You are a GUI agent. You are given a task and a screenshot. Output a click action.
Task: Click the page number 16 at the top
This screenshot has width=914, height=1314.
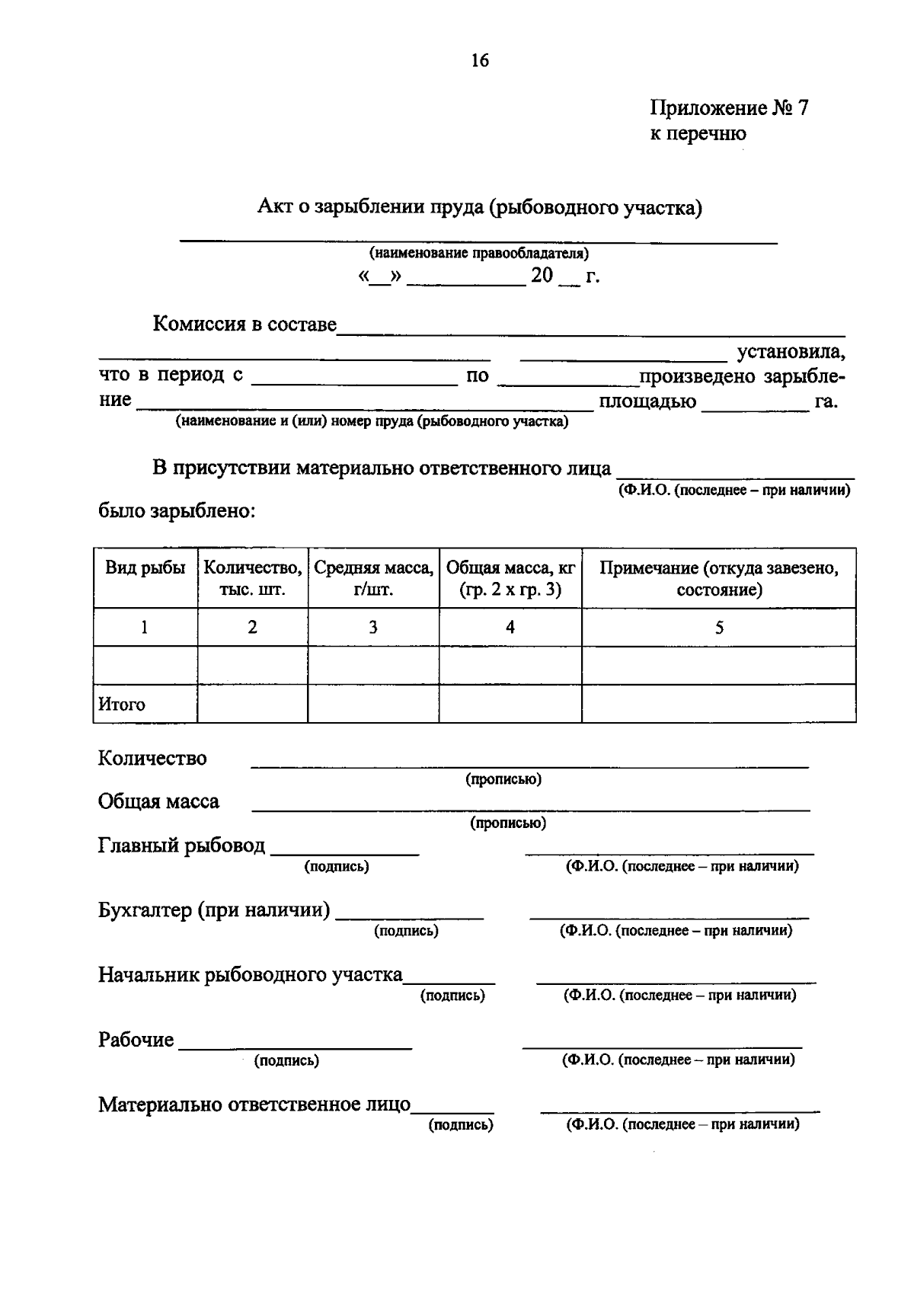point(480,61)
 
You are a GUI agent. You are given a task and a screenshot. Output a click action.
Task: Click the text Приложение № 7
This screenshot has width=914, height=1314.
point(728,108)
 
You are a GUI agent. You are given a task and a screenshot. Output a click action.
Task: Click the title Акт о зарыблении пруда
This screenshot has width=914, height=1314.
point(479,207)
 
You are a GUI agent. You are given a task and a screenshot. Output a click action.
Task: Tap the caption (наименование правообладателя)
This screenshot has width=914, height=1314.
point(478,254)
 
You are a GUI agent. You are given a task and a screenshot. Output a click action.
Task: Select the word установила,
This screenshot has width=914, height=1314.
point(790,353)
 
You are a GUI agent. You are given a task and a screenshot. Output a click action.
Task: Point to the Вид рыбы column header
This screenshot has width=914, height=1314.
point(145,568)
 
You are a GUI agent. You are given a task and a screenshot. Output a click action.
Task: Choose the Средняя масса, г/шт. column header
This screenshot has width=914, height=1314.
point(373,579)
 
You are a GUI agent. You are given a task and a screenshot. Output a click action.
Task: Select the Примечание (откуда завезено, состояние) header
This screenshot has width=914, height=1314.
point(718,579)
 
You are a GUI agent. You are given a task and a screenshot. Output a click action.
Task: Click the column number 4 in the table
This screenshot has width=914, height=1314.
point(510,628)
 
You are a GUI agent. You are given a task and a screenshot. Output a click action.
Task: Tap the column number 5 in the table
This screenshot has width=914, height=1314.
point(718,628)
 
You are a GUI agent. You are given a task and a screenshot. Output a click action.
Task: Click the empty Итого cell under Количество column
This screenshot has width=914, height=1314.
point(252,704)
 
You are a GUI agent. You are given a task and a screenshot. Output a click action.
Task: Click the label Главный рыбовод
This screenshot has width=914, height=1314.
point(181,846)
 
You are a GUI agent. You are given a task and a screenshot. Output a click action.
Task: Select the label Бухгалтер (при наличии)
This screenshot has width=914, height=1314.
point(214,910)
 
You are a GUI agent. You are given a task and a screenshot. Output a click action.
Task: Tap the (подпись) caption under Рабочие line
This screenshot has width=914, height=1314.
point(286,1060)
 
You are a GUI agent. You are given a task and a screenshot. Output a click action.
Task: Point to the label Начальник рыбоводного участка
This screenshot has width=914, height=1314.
point(250,975)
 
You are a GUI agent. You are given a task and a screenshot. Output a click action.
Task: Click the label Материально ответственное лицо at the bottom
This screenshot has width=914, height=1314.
point(254,1105)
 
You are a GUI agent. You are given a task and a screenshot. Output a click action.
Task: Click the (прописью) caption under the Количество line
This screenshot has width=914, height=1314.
point(503,779)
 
